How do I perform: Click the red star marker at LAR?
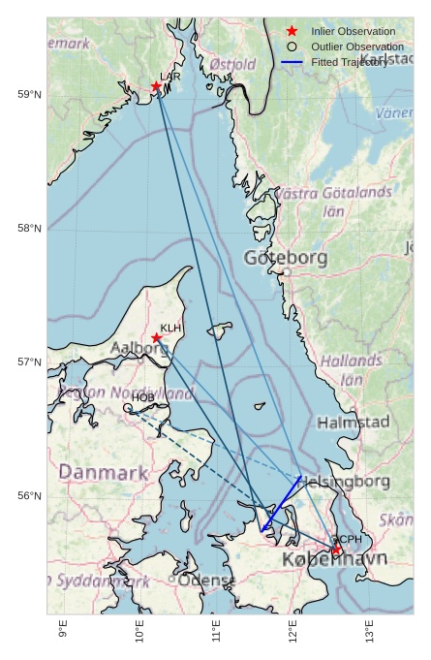pyautogui.click(x=156, y=86)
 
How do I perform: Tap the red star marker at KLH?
pyautogui.click(x=157, y=338)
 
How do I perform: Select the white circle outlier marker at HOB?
pyautogui.click(x=128, y=408)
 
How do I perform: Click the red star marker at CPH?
pyautogui.click(x=336, y=550)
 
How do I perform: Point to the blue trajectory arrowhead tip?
pyautogui.click(x=262, y=531)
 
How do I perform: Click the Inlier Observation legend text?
pyautogui.click(x=353, y=32)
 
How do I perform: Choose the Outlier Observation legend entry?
pyautogui.click(x=356, y=47)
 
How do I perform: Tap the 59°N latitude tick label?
pyautogui.click(x=29, y=94)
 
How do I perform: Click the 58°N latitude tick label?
pyautogui.click(x=29, y=229)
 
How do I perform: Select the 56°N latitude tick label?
pyautogui.click(x=29, y=496)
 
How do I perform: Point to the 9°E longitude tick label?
pyautogui.click(x=63, y=630)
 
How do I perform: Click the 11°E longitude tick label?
pyautogui.click(x=216, y=630)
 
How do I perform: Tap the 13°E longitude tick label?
pyautogui.click(x=369, y=630)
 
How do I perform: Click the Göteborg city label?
pyautogui.click(x=286, y=258)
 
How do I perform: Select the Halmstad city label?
pyautogui.click(x=353, y=423)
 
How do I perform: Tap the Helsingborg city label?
pyautogui.click(x=345, y=482)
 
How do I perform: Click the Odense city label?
pyautogui.click(x=206, y=581)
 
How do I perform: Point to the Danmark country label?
pyautogui.click(x=104, y=473)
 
